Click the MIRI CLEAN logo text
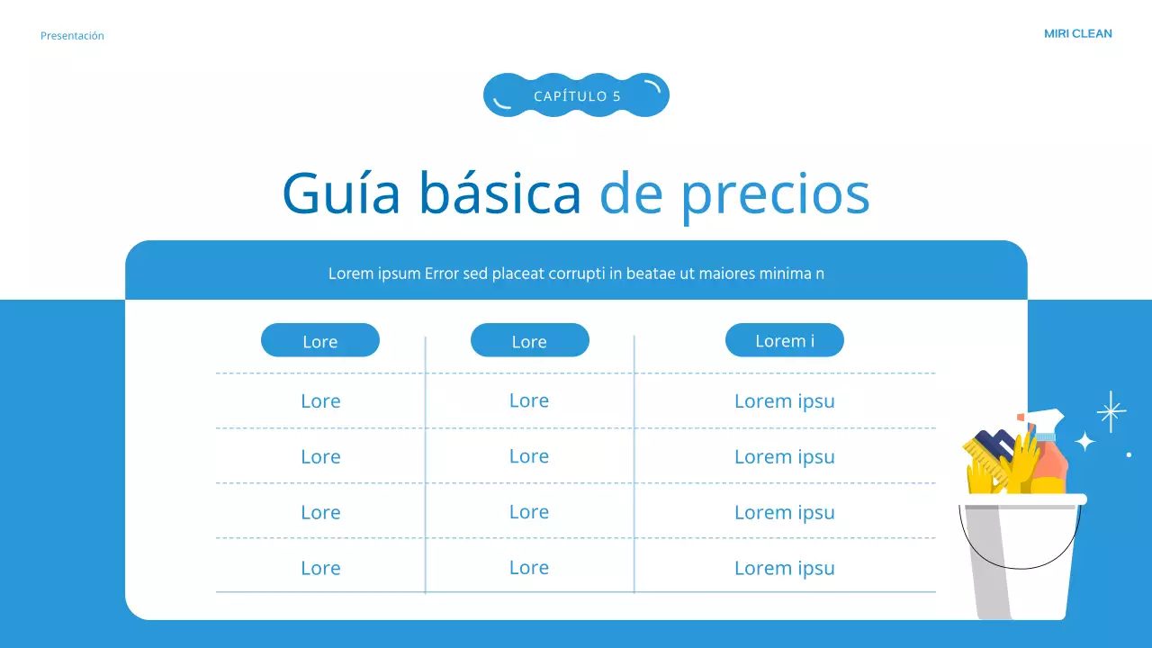pos(1077,34)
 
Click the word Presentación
pos(72,36)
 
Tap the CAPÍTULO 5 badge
pos(576,95)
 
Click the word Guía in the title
pos(341,193)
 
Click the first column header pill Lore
pos(320,341)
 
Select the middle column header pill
pos(529,341)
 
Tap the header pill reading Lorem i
pos(785,340)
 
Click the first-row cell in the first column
pos(320,401)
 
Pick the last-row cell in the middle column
pos(529,568)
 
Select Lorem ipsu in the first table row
pos(785,401)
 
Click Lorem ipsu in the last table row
pos(785,568)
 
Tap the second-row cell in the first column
pos(320,457)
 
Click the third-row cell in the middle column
pos(529,512)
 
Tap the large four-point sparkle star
pos(1111,411)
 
